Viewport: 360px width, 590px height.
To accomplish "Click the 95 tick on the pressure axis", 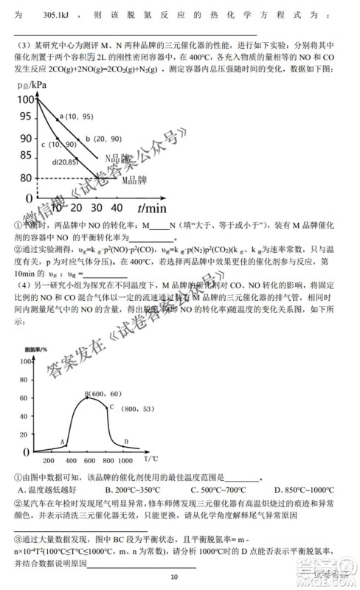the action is [x=25, y=117].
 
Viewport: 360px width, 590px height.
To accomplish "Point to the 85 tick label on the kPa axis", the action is [x=25, y=156].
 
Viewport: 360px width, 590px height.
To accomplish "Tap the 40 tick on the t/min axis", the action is [x=118, y=209].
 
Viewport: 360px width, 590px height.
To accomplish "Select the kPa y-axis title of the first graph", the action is [x=27, y=87].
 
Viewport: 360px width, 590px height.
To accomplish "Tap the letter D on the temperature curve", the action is [x=126, y=441].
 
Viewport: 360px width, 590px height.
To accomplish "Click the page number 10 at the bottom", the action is [x=174, y=576].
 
